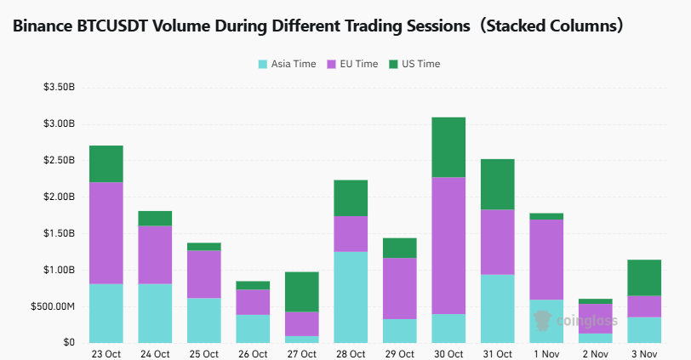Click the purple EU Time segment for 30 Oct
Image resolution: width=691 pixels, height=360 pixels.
pos(448,245)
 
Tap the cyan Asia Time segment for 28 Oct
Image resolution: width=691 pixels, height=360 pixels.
pos(351,296)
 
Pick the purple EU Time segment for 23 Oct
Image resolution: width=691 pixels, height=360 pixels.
pos(106,232)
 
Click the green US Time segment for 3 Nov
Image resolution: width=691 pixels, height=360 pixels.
pos(643,277)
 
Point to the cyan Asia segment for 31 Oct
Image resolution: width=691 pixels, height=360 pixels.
pos(497,308)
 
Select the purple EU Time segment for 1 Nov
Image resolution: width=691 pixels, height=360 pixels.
pos(545,260)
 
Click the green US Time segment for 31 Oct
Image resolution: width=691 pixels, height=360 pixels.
pos(497,184)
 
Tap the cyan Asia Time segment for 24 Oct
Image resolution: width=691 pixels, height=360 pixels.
pos(155,312)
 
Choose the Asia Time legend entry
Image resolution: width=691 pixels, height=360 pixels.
pos(287,64)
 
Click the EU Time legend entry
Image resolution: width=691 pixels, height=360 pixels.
pos(352,64)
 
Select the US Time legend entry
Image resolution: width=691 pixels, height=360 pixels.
pos(414,64)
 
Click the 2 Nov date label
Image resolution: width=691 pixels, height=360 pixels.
pos(595,353)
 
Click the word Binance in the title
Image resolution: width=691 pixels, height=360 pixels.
pos(42,26)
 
